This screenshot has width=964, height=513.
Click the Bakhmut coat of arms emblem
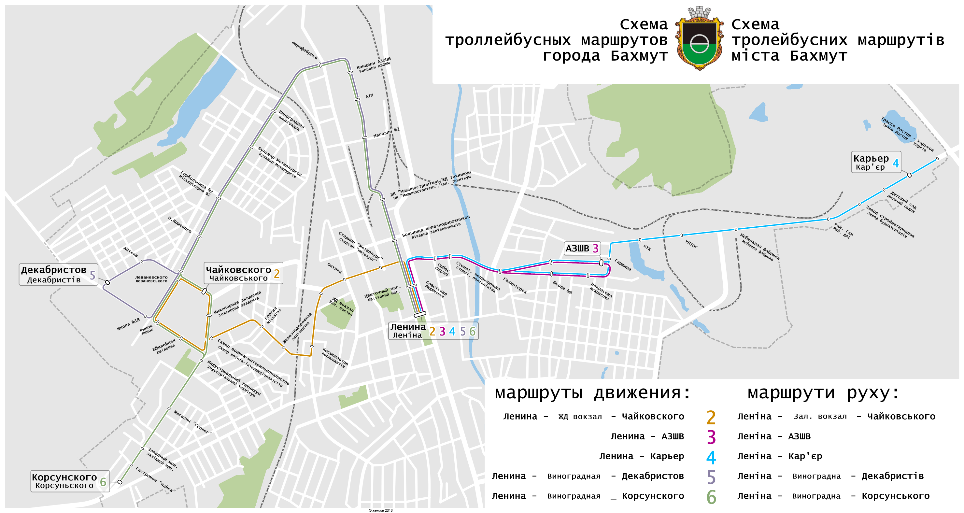[699, 39]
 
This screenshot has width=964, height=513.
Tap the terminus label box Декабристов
[58, 274]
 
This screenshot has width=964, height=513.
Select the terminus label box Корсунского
[70, 481]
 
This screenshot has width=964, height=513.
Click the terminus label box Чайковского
[243, 273]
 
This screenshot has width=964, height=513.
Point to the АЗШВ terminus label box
[582, 248]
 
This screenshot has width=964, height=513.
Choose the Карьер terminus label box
[876, 162]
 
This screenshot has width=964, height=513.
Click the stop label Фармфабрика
[305, 50]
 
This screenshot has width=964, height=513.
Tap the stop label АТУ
[369, 96]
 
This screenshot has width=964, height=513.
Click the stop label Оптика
[334, 268]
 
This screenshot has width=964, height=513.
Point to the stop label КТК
[647, 248]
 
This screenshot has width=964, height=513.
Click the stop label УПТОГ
[691, 244]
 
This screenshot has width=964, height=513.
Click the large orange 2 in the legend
[711, 417]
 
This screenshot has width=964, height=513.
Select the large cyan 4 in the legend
[711, 457]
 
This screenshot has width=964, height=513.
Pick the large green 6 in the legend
[711, 497]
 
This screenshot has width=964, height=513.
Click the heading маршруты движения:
[592, 393]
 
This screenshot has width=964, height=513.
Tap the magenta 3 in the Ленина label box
[442, 332]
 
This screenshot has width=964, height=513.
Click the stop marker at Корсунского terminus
[120, 482]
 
